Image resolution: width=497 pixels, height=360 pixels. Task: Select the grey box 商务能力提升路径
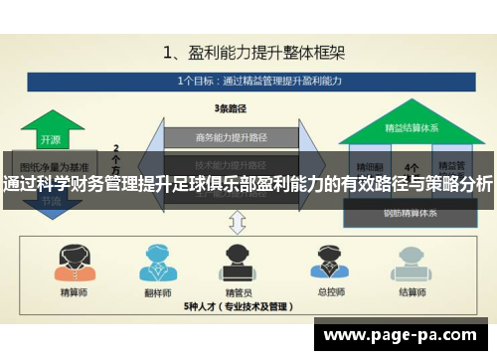tap(231, 137)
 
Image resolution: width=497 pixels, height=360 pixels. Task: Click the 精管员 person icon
tap(239, 263)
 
